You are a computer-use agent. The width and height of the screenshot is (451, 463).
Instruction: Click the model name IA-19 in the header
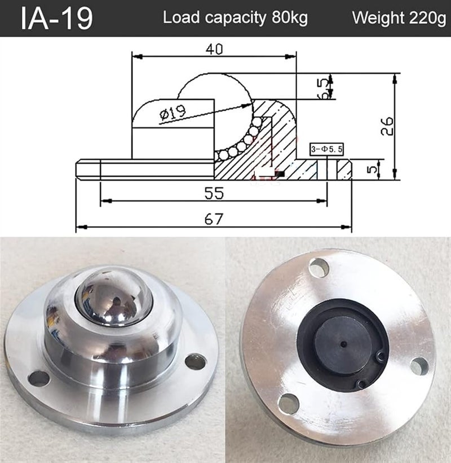(56, 18)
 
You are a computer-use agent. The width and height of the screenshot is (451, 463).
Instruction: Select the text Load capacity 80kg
(235, 18)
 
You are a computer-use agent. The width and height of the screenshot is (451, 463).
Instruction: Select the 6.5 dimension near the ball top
(322, 88)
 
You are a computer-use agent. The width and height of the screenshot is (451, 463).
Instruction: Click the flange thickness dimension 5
(370, 168)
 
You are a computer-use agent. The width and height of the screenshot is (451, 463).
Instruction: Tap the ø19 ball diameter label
(173, 113)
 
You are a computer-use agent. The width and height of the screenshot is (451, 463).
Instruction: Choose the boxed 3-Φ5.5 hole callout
(328, 149)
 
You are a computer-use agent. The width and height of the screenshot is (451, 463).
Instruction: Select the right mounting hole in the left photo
(195, 361)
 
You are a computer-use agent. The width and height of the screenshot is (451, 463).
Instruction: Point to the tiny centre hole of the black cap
(342, 342)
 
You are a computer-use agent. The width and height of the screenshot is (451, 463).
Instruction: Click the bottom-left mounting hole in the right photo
(288, 401)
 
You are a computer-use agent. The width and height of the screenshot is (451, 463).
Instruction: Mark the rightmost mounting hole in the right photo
(419, 366)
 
